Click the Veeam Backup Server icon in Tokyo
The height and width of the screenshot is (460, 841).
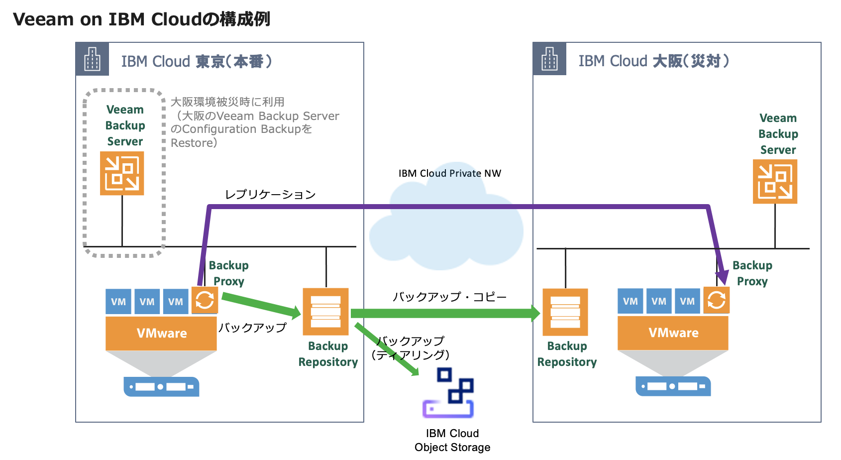[122, 173]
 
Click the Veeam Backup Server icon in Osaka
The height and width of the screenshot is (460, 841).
[775, 182]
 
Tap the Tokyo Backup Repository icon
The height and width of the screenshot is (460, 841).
[325, 312]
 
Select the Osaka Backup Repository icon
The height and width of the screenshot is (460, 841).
[565, 312]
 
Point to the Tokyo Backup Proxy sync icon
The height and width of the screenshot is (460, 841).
[205, 300]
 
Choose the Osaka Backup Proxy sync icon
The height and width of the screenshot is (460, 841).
[716, 300]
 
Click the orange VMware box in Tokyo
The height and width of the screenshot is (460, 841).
[161, 333]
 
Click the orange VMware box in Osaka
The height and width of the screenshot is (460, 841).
[673, 333]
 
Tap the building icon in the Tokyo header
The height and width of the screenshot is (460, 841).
[92, 59]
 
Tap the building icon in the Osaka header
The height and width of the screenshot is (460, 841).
[549, 59]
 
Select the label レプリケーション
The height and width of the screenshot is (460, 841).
[270, 194]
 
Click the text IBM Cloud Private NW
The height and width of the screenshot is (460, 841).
[449, 173]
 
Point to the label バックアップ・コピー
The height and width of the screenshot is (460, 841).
[449, 297]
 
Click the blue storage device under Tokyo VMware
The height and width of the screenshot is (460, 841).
[161, 386]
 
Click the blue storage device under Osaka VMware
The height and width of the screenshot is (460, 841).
[673, 386]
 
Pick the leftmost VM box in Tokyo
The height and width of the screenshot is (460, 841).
[118, 302]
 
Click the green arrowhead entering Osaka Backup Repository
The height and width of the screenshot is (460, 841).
[535, 313]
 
